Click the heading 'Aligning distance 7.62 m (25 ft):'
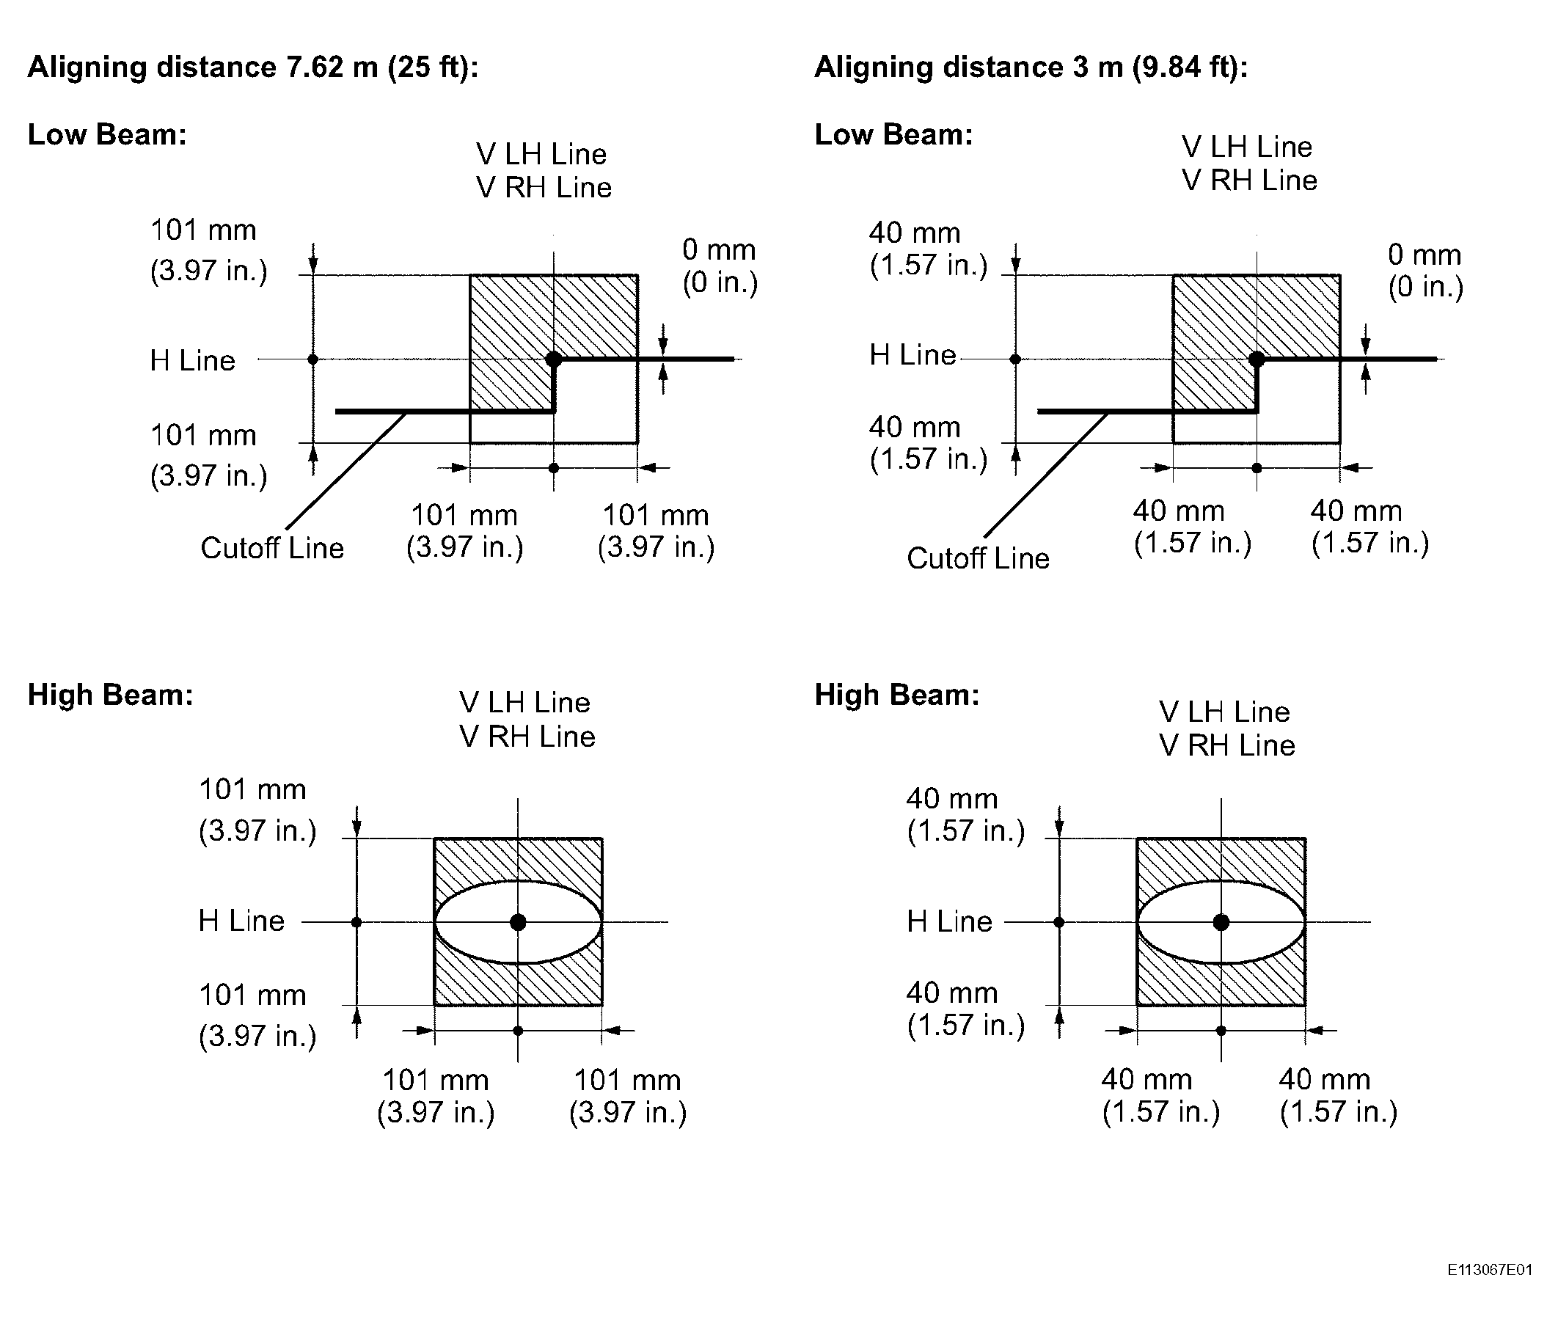[252, 67]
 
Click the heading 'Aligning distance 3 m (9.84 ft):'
[1031, 67]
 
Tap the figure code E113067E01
[1489, 1270]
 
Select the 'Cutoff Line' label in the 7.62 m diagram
[272, 547]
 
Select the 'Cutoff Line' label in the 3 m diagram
[978, 558]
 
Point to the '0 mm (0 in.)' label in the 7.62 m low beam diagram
[720, 266]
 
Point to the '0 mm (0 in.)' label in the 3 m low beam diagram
[1425, 271]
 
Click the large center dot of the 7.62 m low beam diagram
[553, 359]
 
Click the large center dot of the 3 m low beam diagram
[1256, 359]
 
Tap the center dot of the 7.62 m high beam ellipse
[517, 921]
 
